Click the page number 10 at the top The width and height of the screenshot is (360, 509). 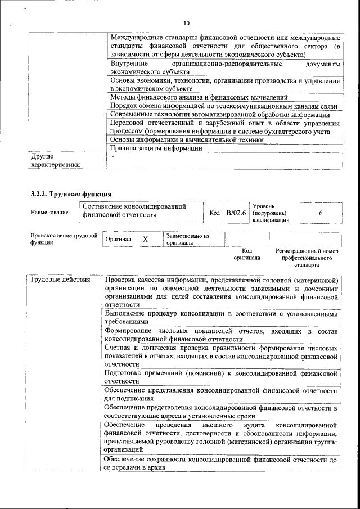tap(187, 23)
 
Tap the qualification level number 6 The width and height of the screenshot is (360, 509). tap(320, 214)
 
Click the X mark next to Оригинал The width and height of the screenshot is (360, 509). tap(145, 239)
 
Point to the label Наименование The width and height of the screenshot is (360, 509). tap(50, 212)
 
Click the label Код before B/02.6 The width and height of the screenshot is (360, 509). tap(214, 213)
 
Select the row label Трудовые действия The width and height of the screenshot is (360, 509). tap(59, 280)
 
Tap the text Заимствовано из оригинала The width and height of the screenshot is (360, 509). tap(187, 240)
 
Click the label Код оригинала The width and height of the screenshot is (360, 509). tap(247, 254)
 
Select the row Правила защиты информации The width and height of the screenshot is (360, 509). tap(156, 148)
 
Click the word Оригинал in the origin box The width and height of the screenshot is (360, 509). tap(118, 240)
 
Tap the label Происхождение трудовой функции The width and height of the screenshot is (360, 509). tap(64, 239)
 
